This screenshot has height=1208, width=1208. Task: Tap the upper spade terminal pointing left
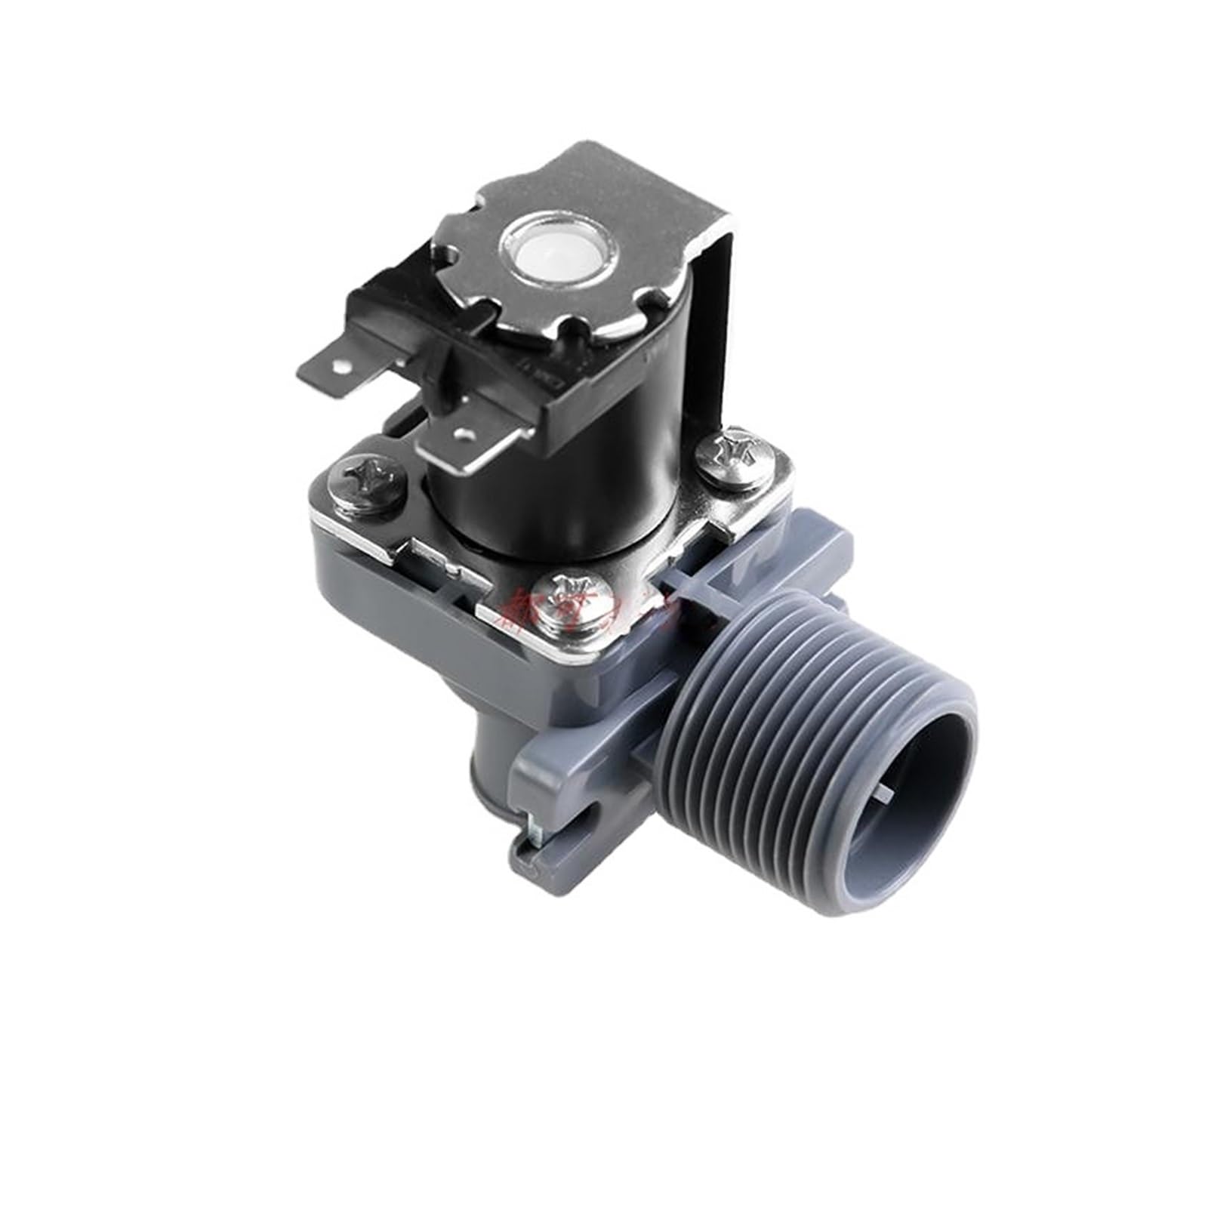tap(328, 376)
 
